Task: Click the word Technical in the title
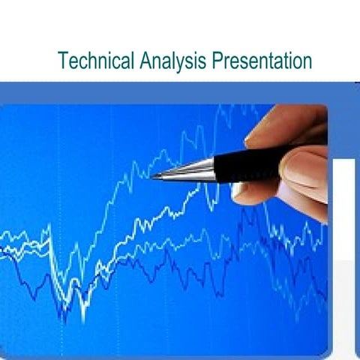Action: (96, 61)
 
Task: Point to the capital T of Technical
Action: (63, 60)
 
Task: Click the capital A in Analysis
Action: (145, 60)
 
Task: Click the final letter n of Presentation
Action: (307, 62)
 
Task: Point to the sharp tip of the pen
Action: (151, 177)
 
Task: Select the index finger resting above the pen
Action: (285, 124)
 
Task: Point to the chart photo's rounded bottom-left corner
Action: (4, 352)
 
